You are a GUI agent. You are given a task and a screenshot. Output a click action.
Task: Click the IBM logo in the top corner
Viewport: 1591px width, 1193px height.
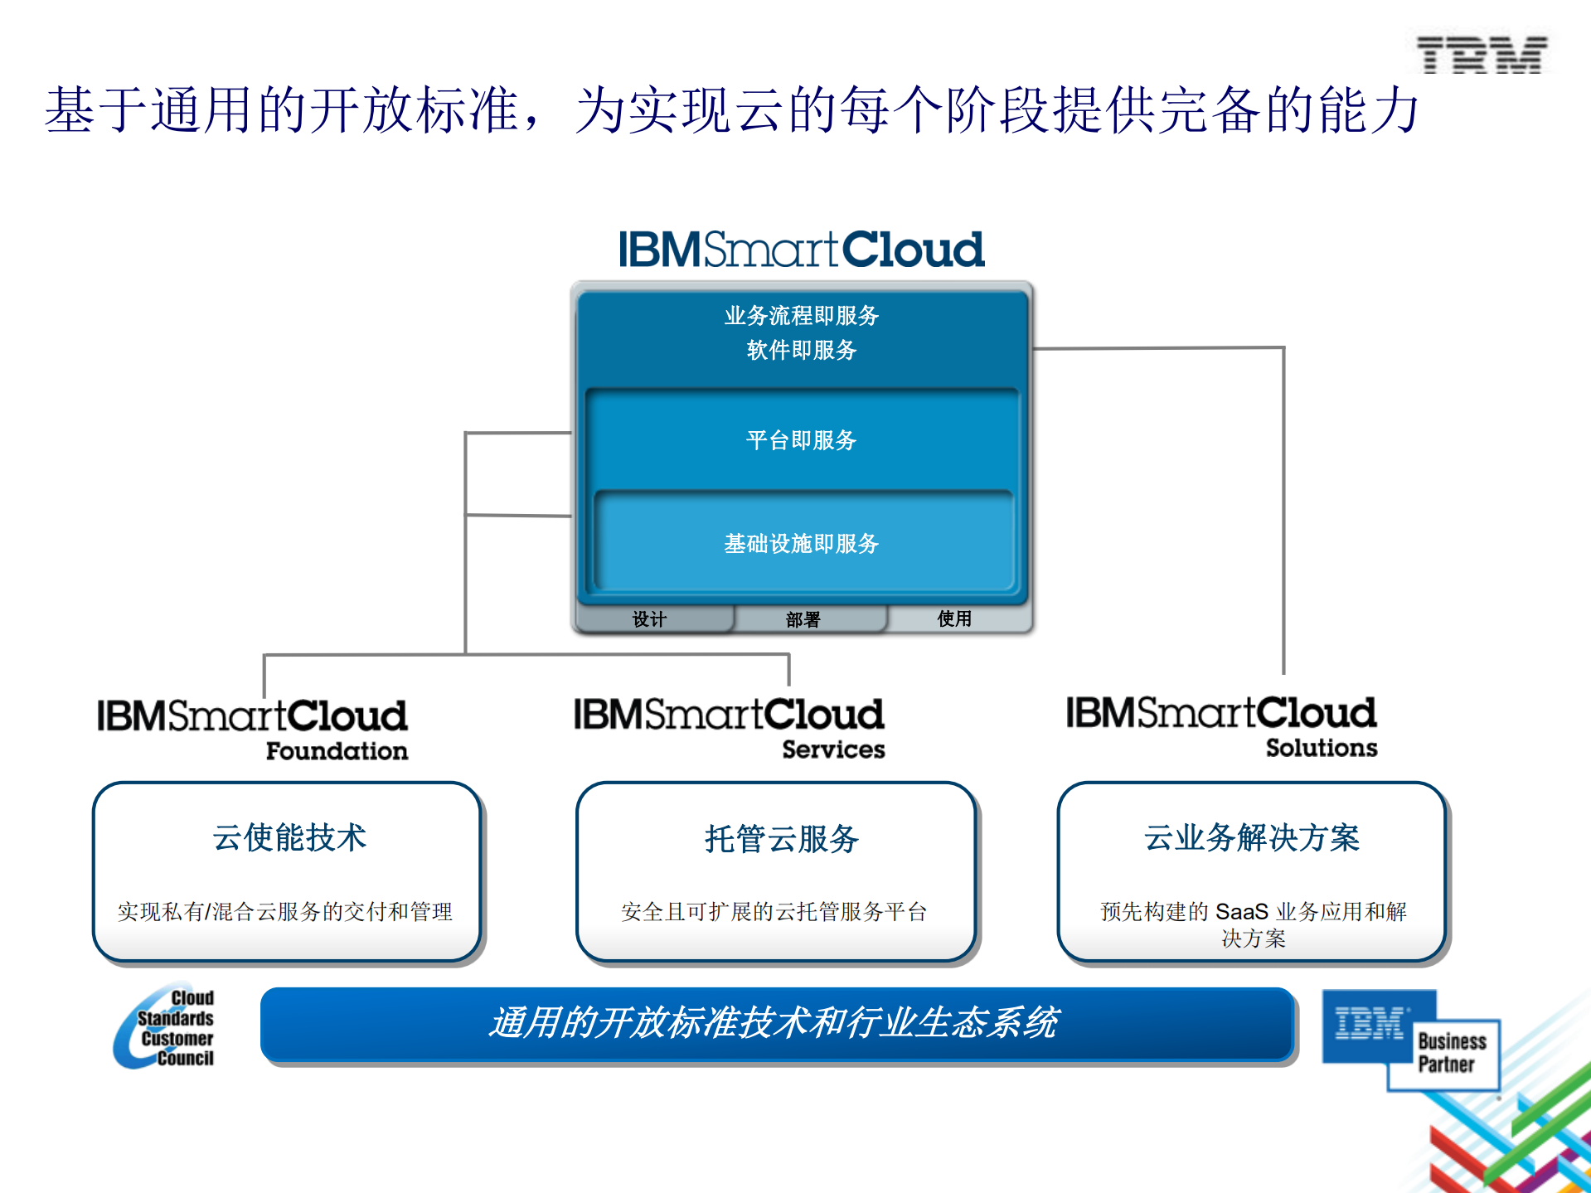(x=1481, y=55)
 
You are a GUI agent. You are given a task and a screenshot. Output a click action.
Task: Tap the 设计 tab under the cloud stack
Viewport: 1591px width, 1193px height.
(x=649, y=619)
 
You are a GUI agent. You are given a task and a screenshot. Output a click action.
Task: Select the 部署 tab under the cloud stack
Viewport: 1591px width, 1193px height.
(x=803, y=619)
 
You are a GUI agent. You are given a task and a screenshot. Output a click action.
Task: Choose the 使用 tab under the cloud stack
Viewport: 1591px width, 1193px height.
(x=954, y=618)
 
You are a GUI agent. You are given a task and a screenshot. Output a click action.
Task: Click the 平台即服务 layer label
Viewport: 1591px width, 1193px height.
(x=801, y=440)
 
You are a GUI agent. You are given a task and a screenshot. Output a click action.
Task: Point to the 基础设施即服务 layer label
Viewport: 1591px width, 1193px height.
(x=801, y=544)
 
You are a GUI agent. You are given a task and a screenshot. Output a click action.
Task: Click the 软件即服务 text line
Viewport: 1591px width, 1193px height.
(x=801, y=350)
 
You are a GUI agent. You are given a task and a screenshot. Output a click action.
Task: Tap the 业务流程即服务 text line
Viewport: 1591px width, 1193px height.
(x=801, y=316)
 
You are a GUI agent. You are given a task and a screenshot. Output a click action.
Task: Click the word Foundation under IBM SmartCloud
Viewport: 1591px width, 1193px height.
(x=337, y=751)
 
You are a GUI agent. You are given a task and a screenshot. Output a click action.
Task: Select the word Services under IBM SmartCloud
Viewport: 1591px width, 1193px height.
(x=833, y=749)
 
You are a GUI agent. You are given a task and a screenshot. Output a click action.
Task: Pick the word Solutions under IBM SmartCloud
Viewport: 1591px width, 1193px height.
(x=1321, y=748)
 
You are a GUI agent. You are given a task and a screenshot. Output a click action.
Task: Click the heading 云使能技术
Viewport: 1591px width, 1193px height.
(x=289, y=837)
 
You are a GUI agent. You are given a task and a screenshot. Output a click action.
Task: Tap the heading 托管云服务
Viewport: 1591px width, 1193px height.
(x=781, y=839)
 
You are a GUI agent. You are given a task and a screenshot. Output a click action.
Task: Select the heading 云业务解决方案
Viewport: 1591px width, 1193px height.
(x=1251, y=837)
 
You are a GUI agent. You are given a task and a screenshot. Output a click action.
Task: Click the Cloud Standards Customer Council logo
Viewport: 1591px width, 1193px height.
(x=166, y=1027)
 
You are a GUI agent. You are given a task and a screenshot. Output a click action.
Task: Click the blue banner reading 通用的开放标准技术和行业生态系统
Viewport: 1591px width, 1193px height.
(x=776, y=1023)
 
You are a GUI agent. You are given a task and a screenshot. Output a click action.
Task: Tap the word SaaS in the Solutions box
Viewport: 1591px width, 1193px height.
(x=1241, y=912)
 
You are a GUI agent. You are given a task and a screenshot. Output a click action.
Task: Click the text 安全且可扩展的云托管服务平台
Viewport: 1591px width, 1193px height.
(x=774, y=912)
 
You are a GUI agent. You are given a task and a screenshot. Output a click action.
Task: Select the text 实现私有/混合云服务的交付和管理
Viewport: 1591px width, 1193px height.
(x=285, y=912)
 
